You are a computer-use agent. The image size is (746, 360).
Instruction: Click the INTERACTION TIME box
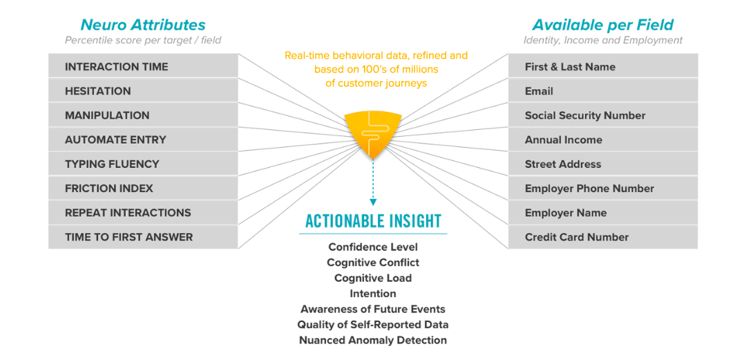point(143,67)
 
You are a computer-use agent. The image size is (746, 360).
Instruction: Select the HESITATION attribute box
point(143,91)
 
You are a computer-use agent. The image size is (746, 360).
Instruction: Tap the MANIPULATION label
point(107,115)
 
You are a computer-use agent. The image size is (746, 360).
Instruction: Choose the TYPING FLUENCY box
point(143,164)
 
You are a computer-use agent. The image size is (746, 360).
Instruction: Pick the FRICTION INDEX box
point(143,189)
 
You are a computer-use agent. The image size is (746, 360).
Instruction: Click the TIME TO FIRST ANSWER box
point(143,237)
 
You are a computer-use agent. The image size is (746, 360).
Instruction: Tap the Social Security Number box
point(603,115)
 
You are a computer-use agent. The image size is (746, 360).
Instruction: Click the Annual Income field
point(603,140)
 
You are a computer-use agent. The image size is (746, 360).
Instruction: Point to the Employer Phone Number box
point(603,189)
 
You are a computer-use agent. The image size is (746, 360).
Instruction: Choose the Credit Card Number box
point(603,237)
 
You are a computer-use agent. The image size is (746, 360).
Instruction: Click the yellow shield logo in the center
point(372,132)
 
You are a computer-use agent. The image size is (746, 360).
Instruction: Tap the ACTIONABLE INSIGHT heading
point(373,222)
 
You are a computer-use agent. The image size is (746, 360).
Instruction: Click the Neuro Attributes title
point(143,26)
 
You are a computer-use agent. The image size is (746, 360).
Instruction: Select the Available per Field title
point(602,26)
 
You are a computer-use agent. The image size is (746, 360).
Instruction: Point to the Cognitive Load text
point(373,278)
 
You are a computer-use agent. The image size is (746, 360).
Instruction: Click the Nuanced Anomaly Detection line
point(373,340)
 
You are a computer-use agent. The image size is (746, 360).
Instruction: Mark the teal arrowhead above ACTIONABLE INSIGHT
point(373,202)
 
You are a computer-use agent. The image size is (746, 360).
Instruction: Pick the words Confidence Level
point(373,247)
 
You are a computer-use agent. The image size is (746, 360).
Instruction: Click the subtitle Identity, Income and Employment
point(602,40)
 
